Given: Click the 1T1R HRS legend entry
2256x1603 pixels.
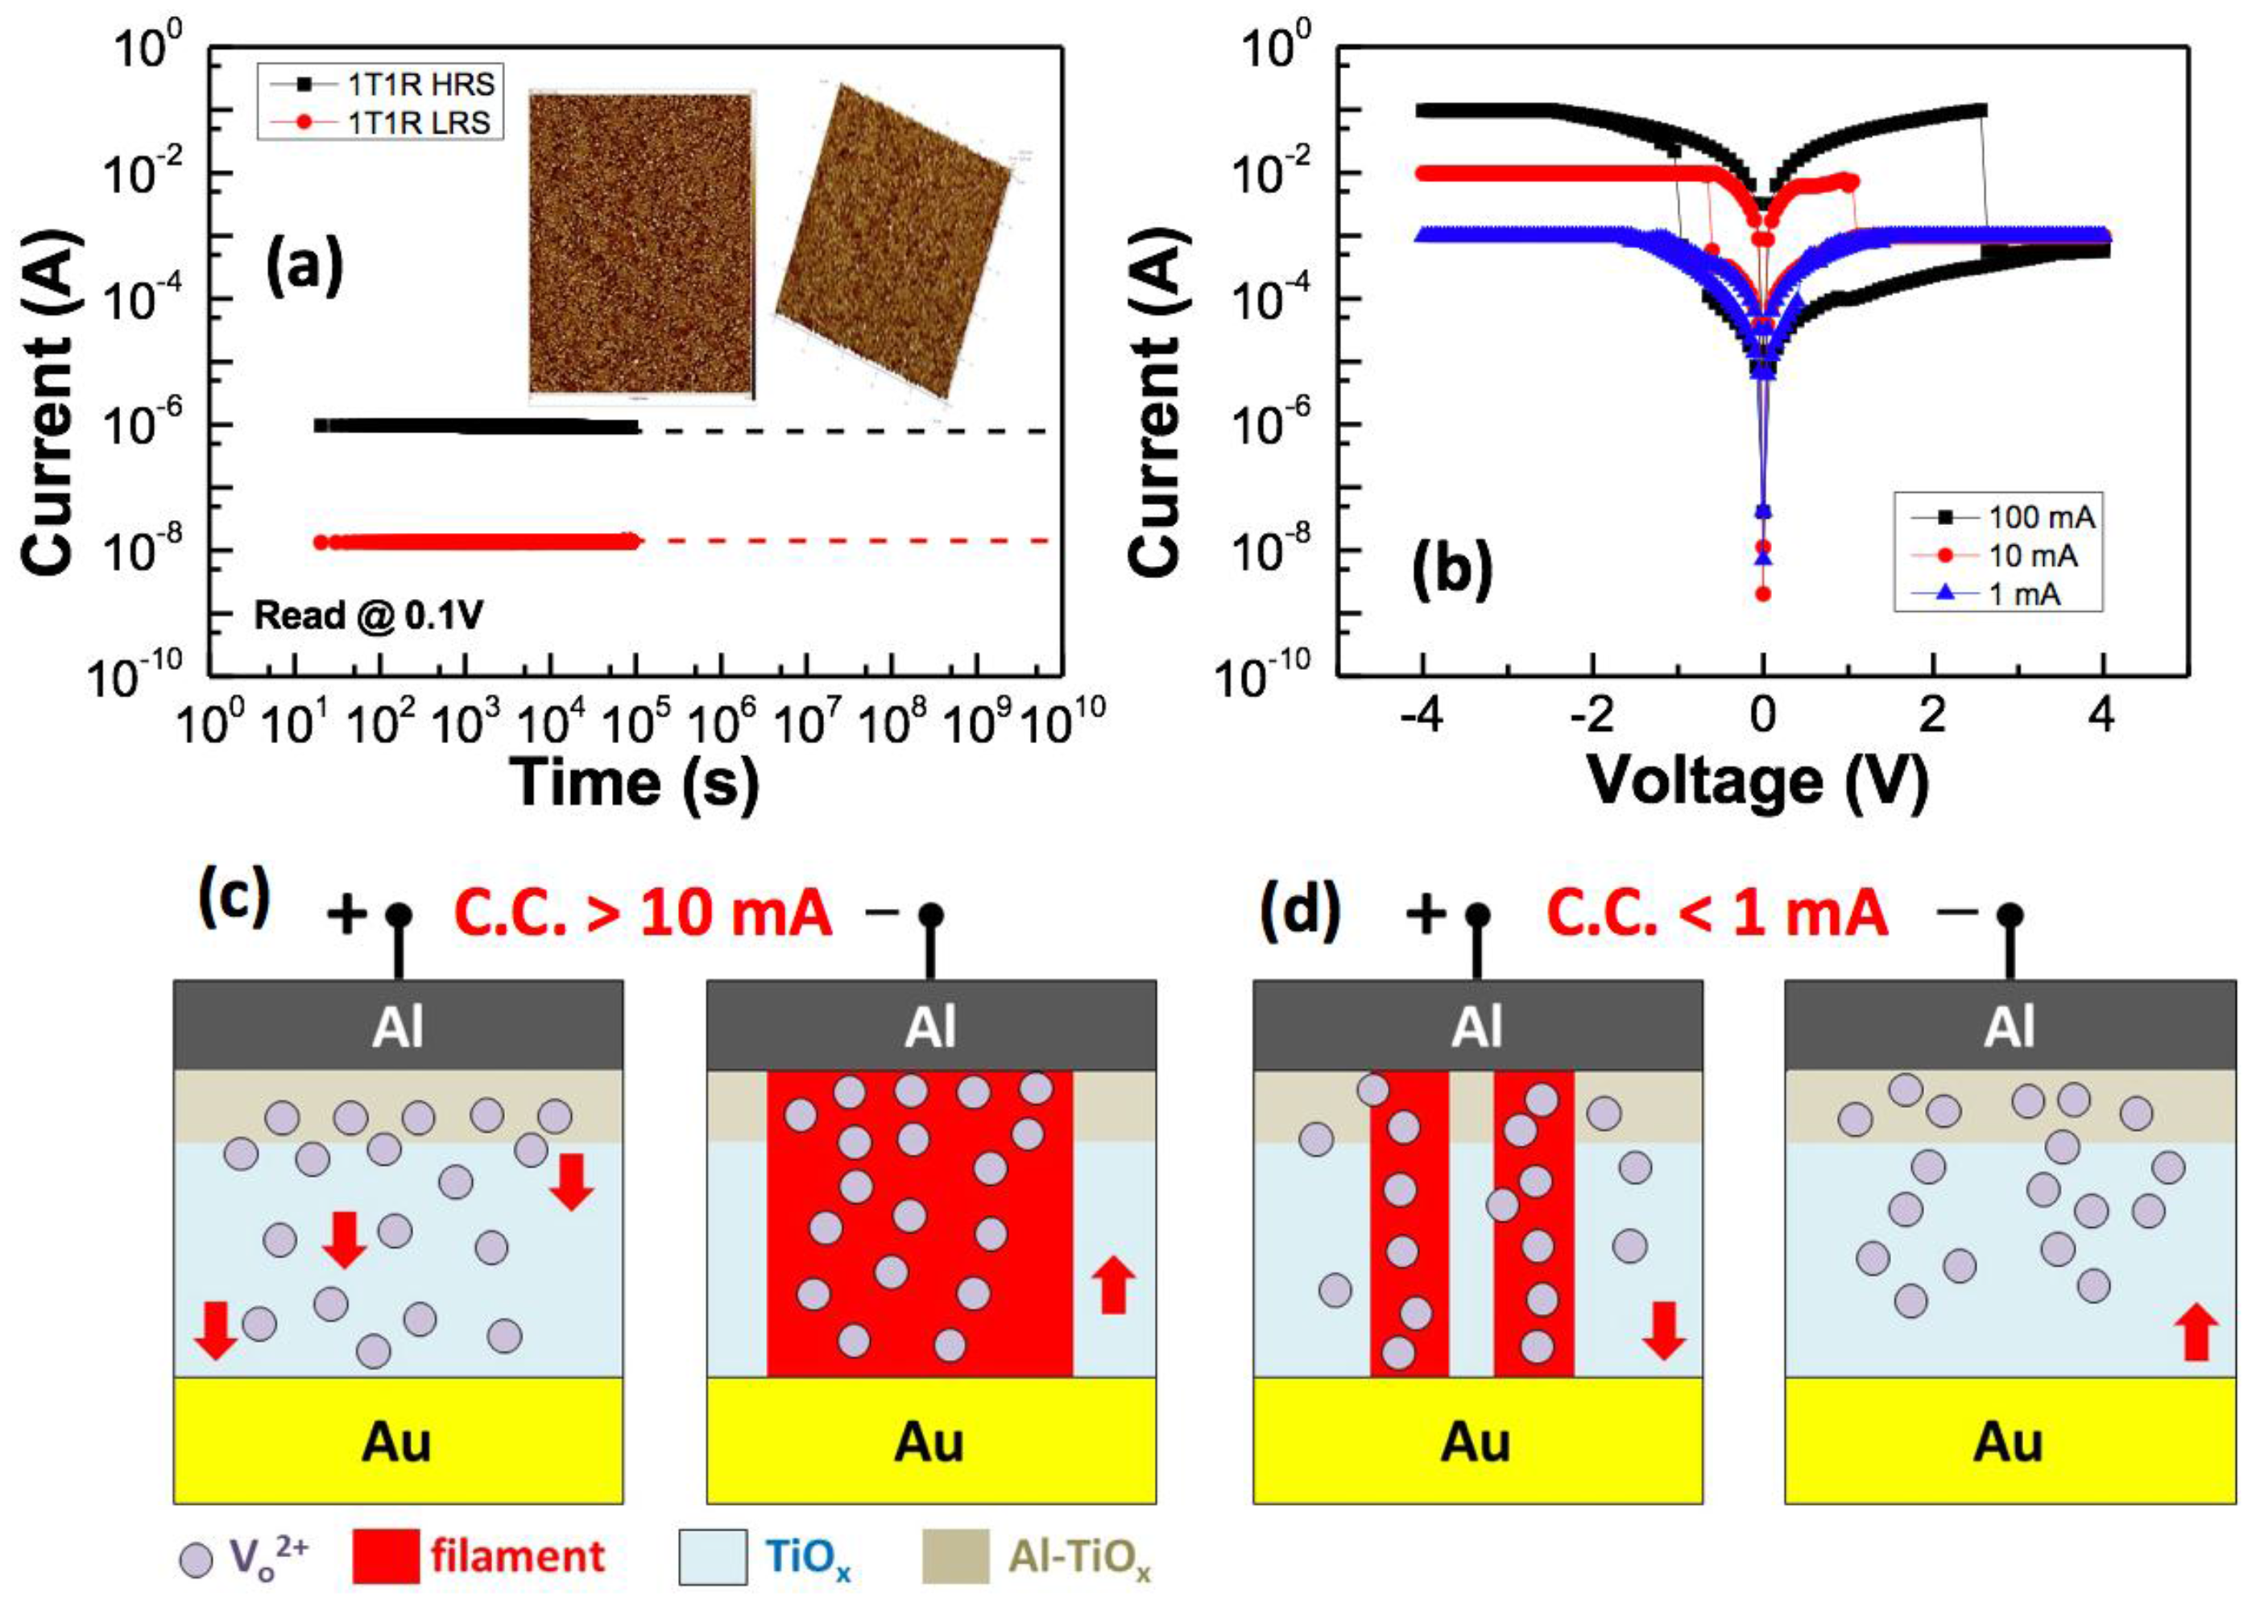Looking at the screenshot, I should [x=381, y=84].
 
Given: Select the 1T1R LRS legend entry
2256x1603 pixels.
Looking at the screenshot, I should [x=381, y=122].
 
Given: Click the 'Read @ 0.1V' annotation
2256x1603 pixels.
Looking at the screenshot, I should [x=368, y=616].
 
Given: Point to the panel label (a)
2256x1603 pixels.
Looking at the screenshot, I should [x=304, y=266].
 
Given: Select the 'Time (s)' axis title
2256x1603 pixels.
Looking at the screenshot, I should [x=635, y=783].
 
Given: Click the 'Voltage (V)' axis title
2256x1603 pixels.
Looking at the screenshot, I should [x=1757, y=783].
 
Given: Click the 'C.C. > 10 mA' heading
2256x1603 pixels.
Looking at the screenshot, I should [x=643, y=913].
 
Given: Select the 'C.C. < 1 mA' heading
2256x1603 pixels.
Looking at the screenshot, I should [x=1717, y=913].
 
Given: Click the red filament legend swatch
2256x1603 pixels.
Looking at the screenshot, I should [x=385, y=1555].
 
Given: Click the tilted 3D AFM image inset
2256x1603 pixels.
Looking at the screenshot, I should [x=893, y=242].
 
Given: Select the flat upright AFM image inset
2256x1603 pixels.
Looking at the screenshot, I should [x=641, y=245].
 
